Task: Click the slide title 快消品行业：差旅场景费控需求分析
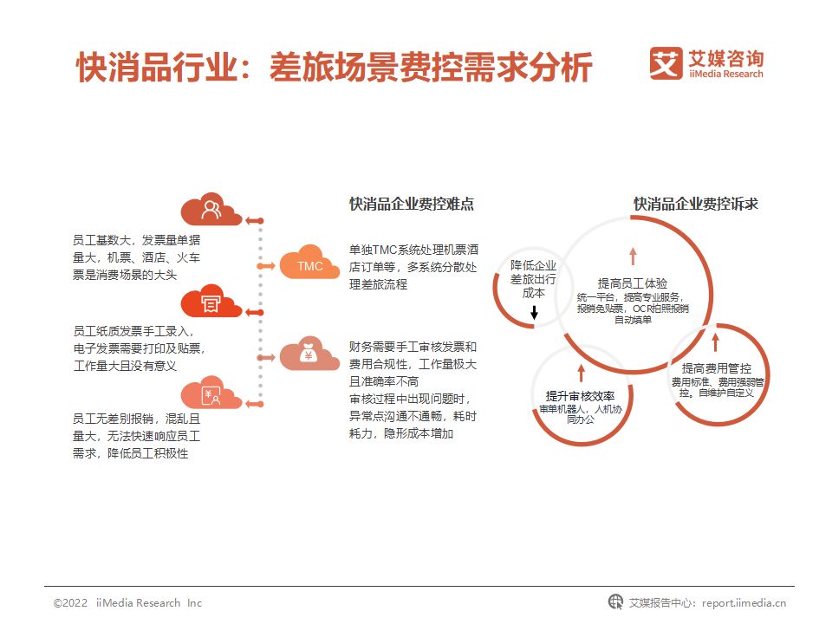pos(334,68)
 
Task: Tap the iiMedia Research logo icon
pos(666,63)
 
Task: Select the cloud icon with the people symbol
pos(211,210)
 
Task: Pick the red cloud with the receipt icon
pos(211,302)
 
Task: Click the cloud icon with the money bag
pos(309,354)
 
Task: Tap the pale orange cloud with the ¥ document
pos(211,395)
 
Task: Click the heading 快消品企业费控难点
pos(412,205)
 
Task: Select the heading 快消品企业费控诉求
pos(696,205)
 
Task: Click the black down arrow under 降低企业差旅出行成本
pos(534,312)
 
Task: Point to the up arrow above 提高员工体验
pos(633,255)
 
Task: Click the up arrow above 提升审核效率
pos(581,374)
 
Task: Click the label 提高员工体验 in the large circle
pos(633,283)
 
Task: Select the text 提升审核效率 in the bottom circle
pos(581,395)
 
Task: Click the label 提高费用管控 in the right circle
pos(716,367)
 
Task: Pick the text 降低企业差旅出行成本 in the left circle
pos(533,279)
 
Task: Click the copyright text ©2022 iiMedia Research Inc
pos(127,602)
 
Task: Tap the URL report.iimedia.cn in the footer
pos(744,602)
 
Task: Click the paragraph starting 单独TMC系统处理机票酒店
pos(413,265)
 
